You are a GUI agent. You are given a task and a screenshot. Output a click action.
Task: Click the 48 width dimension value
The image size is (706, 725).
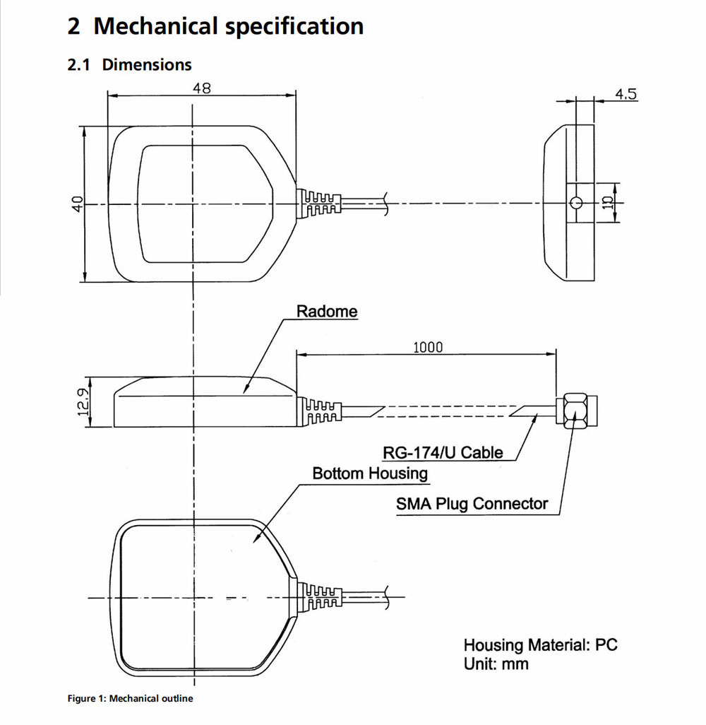click(202, 88)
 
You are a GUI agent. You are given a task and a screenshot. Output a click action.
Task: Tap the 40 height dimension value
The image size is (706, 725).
click(78, 204)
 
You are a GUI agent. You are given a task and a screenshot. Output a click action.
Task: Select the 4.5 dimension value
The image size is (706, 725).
click(626, 94)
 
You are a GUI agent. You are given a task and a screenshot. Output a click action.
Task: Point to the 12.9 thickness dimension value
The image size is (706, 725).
click(83, 402)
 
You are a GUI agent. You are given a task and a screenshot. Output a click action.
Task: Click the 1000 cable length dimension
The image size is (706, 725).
click(427, 347)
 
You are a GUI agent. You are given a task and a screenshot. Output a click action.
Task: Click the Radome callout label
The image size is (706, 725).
click(327, 311)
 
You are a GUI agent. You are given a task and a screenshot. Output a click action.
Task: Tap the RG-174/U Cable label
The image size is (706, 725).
click(443, 452)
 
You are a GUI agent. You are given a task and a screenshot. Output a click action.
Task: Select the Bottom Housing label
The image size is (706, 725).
click(370, 473)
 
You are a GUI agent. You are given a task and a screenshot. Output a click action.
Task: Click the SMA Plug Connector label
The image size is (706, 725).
click(472, 504)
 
